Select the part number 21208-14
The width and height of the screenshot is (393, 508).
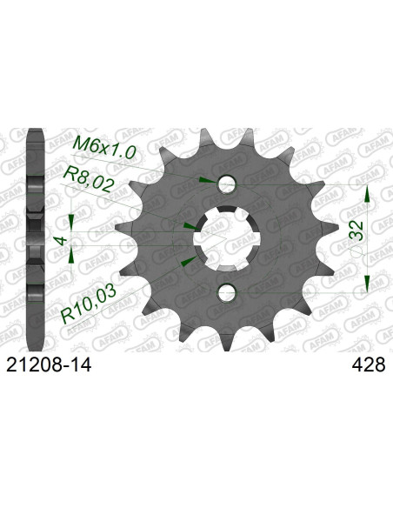pos(48,368)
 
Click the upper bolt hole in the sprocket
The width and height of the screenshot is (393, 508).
pos(227,184)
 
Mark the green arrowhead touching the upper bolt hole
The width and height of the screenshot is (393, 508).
pos(204,180)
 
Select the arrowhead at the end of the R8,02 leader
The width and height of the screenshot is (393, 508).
pos(189,224)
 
